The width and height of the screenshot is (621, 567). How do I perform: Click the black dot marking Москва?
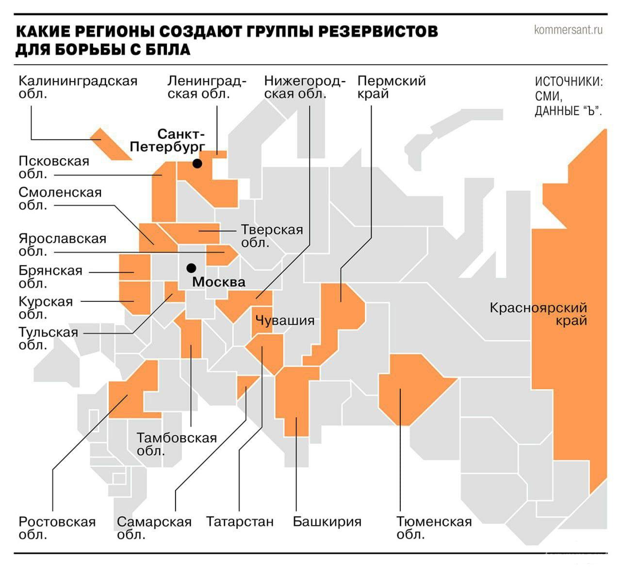click(x=191, y=268)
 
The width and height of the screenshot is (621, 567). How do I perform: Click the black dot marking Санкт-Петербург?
click(x=197, y=164)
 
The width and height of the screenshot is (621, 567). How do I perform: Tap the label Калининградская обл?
click(x=78, y=87)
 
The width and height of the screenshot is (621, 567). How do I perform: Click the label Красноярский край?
click(x=539, y=314)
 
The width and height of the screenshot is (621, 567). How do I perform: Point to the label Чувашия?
click(x=285, y=320)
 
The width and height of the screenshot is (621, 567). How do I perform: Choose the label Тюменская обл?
click(x=434, y=528)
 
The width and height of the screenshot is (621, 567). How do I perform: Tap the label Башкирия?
click(x=327, y=522)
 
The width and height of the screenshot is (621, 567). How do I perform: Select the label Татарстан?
click(x=240, y=522)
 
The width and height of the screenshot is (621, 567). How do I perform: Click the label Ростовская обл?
click(x=57, y=528)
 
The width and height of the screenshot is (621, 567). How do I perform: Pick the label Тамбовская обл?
click(x=177, y=444)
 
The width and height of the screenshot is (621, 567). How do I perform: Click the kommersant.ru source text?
click(x=568, y=30)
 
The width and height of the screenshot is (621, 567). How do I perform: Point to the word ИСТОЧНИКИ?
click(x=569, y=82)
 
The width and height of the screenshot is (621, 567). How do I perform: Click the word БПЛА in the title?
click(x=166, y=50)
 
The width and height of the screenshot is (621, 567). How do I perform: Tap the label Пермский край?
click(x=391, y=87)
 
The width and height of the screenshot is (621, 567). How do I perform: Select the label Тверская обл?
click(x=272, y=235)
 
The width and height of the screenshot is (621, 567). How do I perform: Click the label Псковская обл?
click(x=54, y=167)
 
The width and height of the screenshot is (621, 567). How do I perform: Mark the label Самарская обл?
click(x=154, y=528)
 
